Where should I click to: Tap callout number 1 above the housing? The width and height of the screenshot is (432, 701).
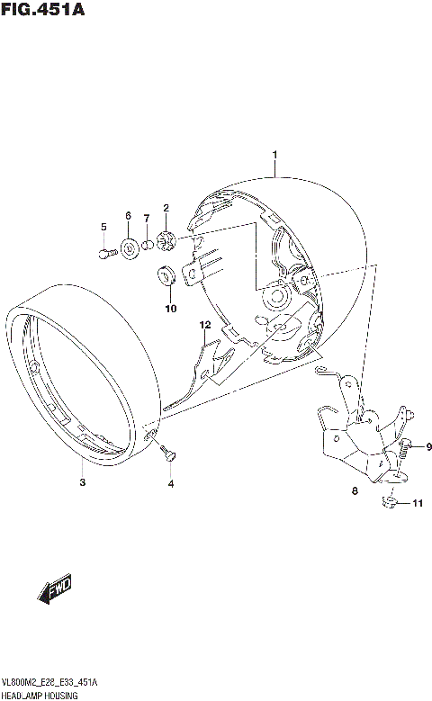pyautogui.click(x=275, y=155)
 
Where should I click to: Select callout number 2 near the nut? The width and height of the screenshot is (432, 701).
pyautogui.click(x=166, y=209)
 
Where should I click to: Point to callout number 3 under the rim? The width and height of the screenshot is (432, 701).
pyautogui.click(x=82, y=483)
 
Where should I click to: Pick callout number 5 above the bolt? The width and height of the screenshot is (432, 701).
pyautogui.click(x=103, y=226)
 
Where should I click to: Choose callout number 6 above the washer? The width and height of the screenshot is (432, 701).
pyautogui.click(x=128, y=216)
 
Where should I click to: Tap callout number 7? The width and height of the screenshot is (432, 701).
pyautogui.click(x=147, y=219)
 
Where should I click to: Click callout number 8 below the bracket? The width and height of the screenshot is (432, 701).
pyautogui.click(x=355, y=491)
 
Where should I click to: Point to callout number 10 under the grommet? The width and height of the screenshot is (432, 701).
pyautogui.click(x=170, y=309)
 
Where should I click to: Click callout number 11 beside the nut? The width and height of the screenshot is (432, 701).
pyautogui.click(x=416, y=504)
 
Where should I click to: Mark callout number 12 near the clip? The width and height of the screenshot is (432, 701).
pyautogui.click(x=205, y=324)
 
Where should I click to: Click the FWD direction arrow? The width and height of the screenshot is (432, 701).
pyautogui.click(x=55, y=591)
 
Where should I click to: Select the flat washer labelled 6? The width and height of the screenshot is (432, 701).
pyautogui.click(x=129, y=247)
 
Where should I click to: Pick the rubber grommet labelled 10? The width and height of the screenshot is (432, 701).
pyautogui.click(x=167, y=275)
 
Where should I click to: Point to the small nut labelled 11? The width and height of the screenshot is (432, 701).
pyautogui.click(x=390, y=502)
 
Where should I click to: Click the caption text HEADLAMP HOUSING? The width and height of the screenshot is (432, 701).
pyautogui.click(x=40, y=696)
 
